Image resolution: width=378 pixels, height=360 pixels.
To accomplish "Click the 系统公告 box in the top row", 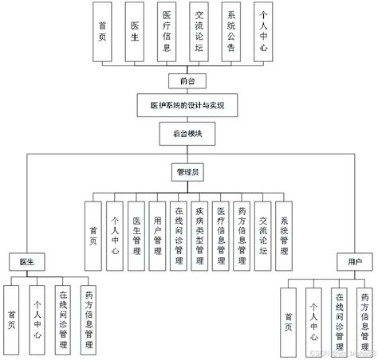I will pos(232,33).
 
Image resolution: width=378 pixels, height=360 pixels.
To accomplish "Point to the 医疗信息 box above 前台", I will pos(166,33).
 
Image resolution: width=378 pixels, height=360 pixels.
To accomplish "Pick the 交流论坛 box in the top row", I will pos(199,33).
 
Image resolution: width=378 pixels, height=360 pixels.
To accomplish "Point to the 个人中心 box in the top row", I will pos(266,33).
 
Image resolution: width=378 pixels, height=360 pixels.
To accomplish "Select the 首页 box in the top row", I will pos(101,33).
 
